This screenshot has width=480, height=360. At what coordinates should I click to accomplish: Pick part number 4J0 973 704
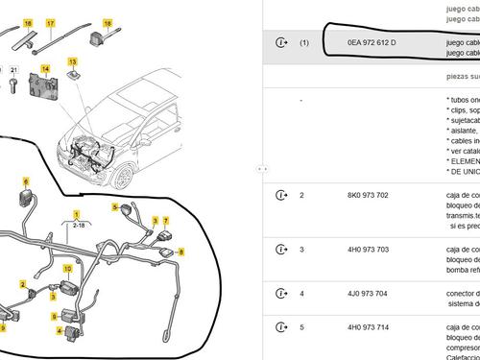[368, 294]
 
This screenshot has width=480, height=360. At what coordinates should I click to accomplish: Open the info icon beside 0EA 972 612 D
[281, 43]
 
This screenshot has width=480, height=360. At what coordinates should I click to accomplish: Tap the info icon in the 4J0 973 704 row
[281, 294]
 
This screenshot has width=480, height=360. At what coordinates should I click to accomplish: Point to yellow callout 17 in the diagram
[50, 21]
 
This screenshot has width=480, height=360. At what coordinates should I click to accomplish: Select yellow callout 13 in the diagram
[72, 62]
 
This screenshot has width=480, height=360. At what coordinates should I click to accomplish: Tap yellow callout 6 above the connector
[26, 181]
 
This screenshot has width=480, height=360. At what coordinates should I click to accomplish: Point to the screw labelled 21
[13, 85]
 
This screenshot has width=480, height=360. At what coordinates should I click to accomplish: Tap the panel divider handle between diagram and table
[260, 168]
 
